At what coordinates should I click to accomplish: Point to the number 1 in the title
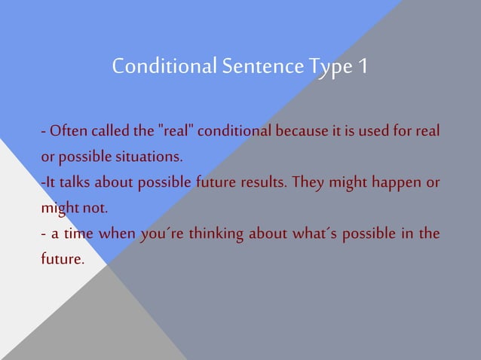point(363,67)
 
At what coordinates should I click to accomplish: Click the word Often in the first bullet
point(69,133)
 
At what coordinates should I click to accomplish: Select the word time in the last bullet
point(78,232)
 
